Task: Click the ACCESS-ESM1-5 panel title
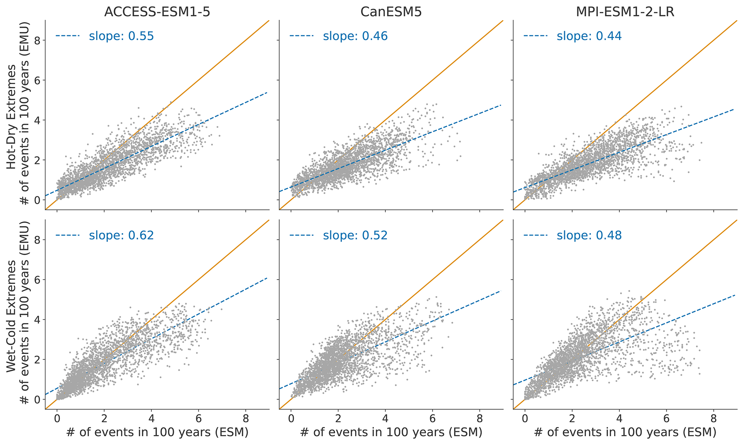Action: (x=157, y=12)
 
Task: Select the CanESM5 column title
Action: (x=391, y=12)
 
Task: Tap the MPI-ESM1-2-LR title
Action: (x=625, y=12)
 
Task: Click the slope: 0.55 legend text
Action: (x=121, y=36)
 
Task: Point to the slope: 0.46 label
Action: (x=355, y=36)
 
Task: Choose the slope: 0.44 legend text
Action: (x=589, y=36)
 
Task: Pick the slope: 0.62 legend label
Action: (x=121, y=235)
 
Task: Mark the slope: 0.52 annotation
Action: (x=355, y=235)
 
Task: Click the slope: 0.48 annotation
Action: (x=589, y=235)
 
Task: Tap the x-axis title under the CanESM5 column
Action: (x=391, y=432)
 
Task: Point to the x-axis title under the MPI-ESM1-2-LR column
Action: (x=625, y=432)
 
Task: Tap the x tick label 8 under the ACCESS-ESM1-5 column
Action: (x=246, y=419)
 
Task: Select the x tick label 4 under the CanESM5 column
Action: (x=385, y=419)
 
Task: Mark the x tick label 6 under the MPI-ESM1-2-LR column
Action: (x=666, y=419)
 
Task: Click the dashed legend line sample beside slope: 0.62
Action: (x=67, y=235)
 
